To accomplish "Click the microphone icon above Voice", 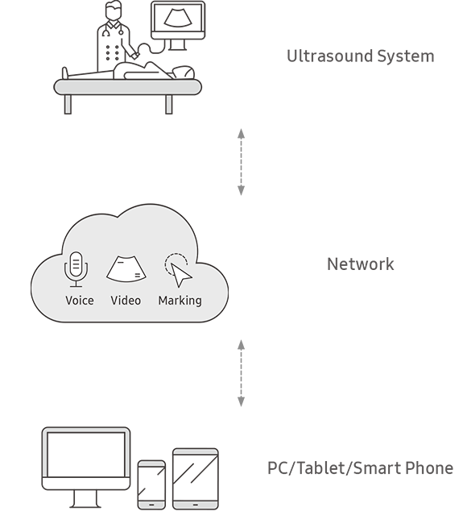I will tap(76, 268).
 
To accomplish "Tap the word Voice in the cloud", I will tap(80, 301).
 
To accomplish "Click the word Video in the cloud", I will tap(126, 301).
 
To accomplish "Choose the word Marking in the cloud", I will tap(180, 301).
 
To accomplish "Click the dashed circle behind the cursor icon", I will tap(174, 263).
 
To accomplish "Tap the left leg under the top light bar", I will tap(68, 104).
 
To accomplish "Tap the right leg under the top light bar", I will tap(169, 104).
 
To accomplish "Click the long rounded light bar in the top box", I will tap(127, 87).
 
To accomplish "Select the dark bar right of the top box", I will tap(360, 57).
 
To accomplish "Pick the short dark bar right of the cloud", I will tap(361, 264).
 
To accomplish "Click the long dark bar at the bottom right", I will tap(360, 468).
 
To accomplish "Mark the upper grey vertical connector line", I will tap(241, 161).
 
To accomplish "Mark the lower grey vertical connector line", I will tap(241, 372).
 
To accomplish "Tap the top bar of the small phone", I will tap(151, 463).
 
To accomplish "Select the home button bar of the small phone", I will tap(151, 505).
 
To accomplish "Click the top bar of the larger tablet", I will tap(196, 451).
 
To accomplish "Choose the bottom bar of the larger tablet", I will tap(196, 505).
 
